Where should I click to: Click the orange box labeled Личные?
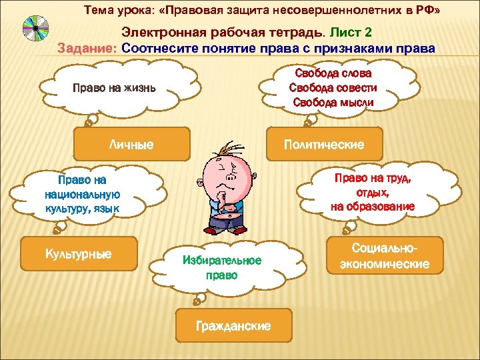coord(132,144)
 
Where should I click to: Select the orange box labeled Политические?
coord(324,144)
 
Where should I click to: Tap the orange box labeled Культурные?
coord(79,254)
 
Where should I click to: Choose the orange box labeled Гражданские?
coord(233,326)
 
